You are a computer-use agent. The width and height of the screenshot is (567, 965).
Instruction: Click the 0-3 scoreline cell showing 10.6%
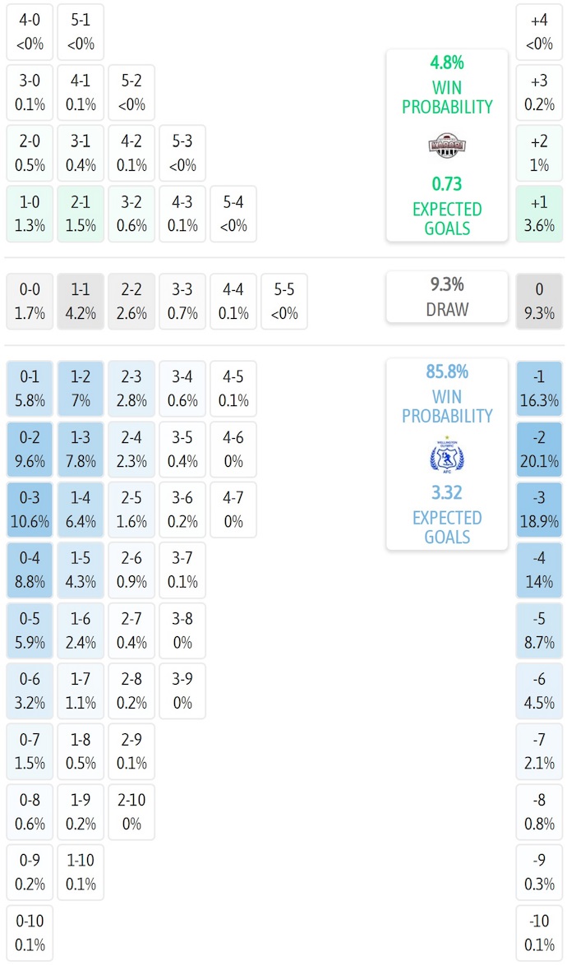[x=30, y=510]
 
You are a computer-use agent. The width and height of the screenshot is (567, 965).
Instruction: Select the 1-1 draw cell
[x=81, y=301]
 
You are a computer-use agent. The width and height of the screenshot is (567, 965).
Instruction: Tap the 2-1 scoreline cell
[x=81, y=214]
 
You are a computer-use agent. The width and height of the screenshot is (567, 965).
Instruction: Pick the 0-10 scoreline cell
[x=30, y=933]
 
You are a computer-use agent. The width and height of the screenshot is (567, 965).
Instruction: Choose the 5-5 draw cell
[x=284, y=301]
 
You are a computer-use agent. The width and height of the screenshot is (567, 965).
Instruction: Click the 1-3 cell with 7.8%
[x=81, y=450]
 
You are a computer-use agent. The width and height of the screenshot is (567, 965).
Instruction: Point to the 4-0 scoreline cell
[x=30, y=31]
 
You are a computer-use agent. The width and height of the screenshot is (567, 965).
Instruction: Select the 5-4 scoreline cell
[x=233, y=214]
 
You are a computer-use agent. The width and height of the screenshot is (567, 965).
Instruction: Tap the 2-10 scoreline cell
[x=131, y=812]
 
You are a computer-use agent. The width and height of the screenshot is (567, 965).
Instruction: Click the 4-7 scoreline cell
[x=233, y=510]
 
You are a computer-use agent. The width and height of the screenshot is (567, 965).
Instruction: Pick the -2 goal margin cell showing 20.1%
[x=539, y=450]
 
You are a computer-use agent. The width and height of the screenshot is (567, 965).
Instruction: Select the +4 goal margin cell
[x=539, y=31]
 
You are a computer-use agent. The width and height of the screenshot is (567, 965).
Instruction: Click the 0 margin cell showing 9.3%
[x=539, y=301]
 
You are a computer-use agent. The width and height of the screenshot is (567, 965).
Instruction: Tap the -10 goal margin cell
[x=539, y=933]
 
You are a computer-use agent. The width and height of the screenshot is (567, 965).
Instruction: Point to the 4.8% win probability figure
[x=447, y=63]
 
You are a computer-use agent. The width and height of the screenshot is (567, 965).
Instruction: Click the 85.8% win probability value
[x=447, y=372]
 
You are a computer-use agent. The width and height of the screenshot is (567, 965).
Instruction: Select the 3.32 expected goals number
[x=447, y=492]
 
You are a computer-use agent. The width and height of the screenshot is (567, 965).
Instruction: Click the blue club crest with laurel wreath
[x=447, y=455]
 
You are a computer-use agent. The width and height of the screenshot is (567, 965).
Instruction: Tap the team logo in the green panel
[x=447, y=145]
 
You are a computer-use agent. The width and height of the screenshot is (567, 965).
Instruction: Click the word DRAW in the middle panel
[x=447, y=309]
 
